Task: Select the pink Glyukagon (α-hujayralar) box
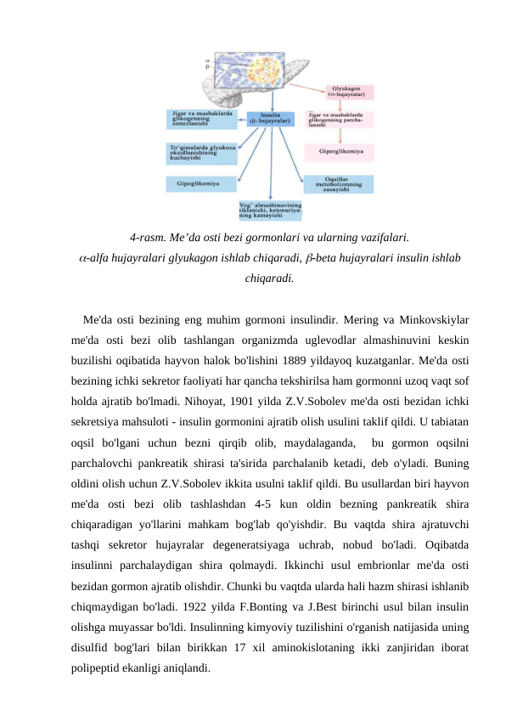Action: [x=348, y=91]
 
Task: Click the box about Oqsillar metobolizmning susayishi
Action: [x=338, y=184]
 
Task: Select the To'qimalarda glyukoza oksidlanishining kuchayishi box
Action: [x=201, y=153]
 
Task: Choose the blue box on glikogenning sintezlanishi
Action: [x=201, y=118]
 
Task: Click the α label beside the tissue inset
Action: [x=208, y=60]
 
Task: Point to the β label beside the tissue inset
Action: [x=208, y=67]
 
